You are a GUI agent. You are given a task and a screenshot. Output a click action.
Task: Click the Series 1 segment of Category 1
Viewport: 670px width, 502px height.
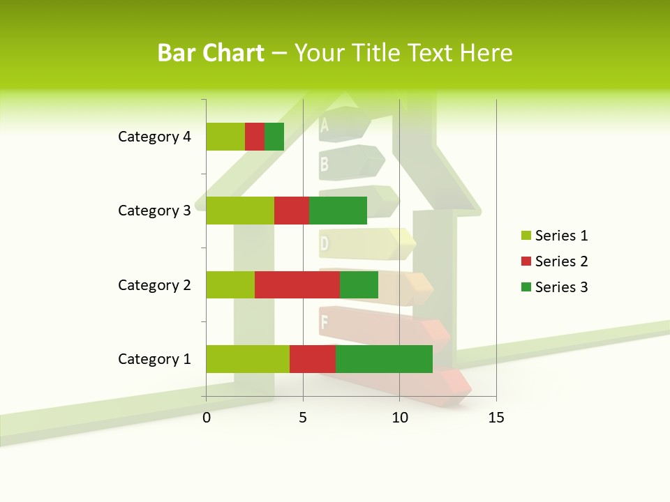(248, 359)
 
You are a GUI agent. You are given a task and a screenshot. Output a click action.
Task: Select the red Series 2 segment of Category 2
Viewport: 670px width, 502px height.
(297, 284)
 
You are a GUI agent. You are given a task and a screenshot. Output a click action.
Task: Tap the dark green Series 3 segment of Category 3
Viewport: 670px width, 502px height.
(338, 211)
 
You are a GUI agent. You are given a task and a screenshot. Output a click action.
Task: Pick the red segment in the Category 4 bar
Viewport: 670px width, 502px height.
(255, 137)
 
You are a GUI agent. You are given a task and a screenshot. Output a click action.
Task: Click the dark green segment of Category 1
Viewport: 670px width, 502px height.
(384, 359)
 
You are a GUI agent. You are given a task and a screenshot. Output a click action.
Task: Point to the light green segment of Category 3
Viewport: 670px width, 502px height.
(240, 211)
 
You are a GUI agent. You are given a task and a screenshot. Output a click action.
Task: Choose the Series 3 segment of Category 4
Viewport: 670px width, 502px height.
(274, 137)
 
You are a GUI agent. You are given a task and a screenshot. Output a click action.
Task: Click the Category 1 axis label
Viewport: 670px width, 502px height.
(154, 359)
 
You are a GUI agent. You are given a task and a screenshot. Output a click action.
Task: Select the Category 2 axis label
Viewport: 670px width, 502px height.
(154, 284)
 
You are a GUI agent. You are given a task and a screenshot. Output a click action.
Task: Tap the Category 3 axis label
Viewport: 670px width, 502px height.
(154, 211)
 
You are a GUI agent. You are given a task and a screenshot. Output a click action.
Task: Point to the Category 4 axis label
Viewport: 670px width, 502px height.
(154, 137)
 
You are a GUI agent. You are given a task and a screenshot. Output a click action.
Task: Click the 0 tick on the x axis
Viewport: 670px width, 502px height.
(207, 418)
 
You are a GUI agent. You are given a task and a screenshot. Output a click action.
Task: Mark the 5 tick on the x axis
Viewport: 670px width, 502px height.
(303, 418)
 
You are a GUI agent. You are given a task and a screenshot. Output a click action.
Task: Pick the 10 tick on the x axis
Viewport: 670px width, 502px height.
(399, 418)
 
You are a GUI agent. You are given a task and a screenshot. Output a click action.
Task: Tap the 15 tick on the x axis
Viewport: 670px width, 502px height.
(496, 418)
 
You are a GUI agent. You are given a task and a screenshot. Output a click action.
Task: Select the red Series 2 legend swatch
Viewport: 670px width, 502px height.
(526, 261)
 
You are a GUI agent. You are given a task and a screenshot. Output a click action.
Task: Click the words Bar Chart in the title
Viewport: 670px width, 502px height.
(211, 53)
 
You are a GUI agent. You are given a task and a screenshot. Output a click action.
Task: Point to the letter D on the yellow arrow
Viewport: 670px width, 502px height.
(325, 244)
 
